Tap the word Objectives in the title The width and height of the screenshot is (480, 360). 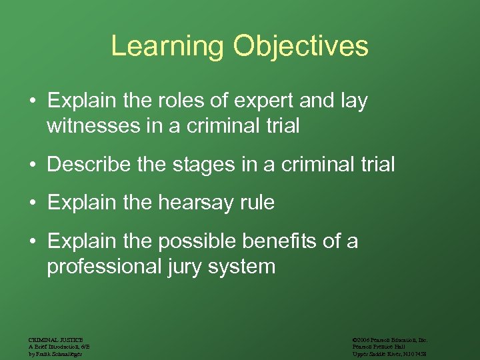[301, 46]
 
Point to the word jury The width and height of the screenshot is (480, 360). [176, 266]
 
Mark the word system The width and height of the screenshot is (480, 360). [240, 266]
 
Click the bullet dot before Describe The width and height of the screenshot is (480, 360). [32, 164]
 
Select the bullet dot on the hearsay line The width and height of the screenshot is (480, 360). [32, 203]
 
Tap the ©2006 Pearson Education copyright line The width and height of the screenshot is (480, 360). [390, 340]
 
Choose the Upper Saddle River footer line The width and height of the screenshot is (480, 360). [389, 353]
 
